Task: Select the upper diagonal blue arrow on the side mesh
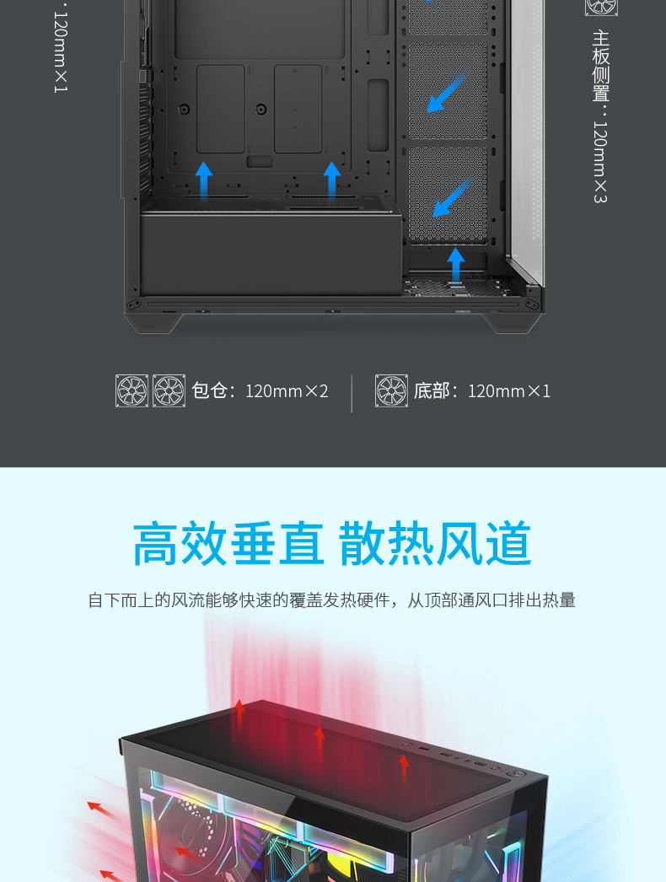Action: pyautogui.click(x=447, y=91)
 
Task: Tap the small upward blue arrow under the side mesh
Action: pyautogui.click(x=456, y=266)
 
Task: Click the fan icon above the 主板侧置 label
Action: pyautogui.click(x=601, y=5)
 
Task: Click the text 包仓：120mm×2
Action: pyautogui.click(x=260, y=391)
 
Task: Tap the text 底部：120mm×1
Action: pyautogui.click(x=481, y=391)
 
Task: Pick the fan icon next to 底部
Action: pyautogui.click(x=391, y=391)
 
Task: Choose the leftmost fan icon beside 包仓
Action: pyautogui.click(x=132, y=391)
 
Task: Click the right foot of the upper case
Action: pyautogui.click(x=513, y=321)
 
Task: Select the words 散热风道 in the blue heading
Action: pyautogui.click(x=435, y=544)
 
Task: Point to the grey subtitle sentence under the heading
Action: pyautogui.click(x=332, y=600)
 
